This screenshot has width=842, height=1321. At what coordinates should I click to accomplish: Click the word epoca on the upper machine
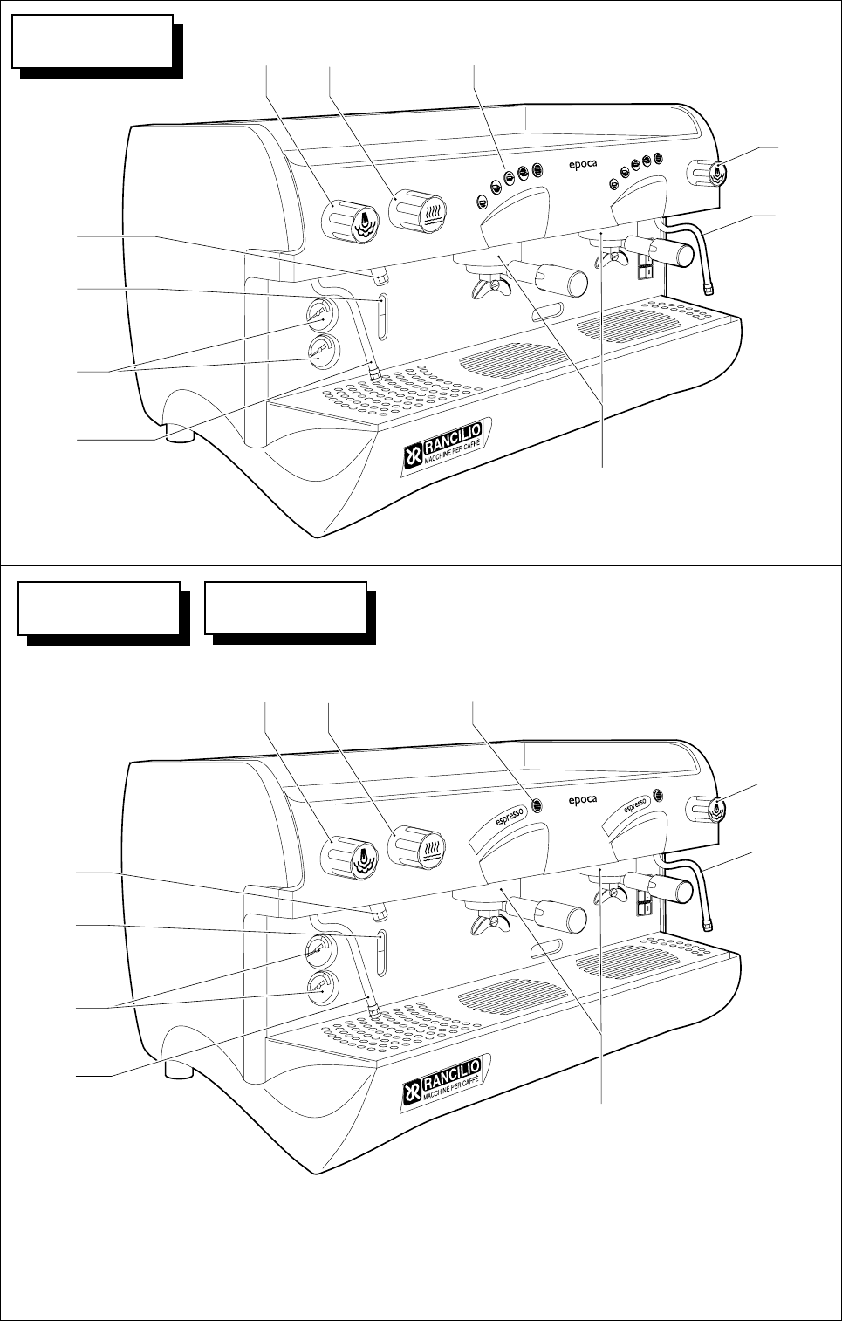583,166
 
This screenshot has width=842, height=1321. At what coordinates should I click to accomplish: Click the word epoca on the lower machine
583,800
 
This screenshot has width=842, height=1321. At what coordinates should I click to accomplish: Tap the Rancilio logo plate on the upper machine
444,446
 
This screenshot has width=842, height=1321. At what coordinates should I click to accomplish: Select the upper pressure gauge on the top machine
320,312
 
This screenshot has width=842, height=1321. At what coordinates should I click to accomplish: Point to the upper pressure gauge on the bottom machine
320,948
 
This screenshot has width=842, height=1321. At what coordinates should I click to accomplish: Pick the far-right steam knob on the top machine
709,173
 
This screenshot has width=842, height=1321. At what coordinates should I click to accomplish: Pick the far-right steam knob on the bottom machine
709,808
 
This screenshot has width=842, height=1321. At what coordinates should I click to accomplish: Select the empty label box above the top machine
92,41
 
